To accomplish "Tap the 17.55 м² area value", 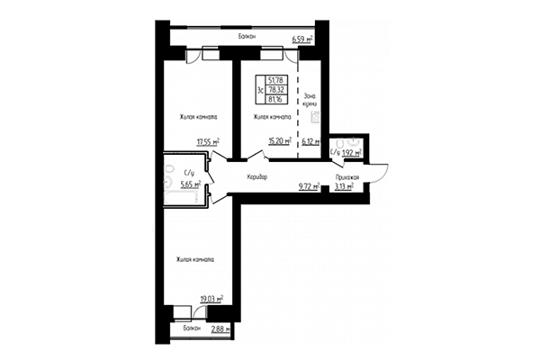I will pyautogui.click(x=209, y=141).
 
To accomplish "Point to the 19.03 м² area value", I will pyautogui.click(x=209, y=297).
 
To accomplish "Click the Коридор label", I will pyautogui.click(x=256, y=176).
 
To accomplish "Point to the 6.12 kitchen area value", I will pyautogui.click(x=310, y=141).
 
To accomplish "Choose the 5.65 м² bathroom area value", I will pyautogui.click(x=190, y=184).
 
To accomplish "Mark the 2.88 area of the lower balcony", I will pyautogui.click(x=220, y=330).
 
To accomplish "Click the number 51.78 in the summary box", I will pyautogui.click(x=275, y=80).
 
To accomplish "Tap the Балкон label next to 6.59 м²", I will pyautogui.click(x=247, y=37).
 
